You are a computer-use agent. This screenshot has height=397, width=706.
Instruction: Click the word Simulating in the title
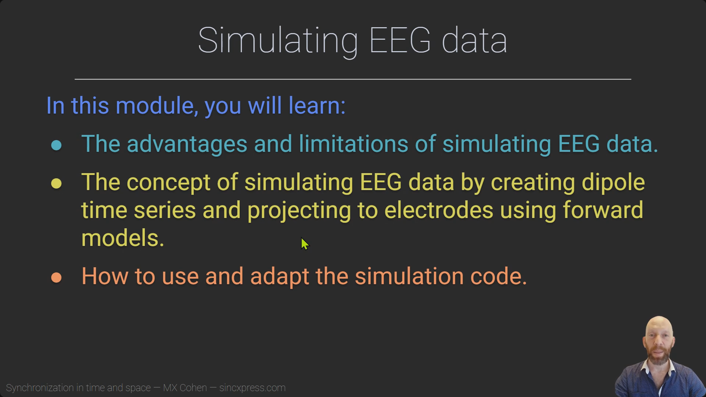coord(278,40)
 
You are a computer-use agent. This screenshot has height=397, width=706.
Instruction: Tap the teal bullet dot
coord(56,145)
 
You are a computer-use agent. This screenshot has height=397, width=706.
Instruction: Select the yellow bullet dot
coord(56,183)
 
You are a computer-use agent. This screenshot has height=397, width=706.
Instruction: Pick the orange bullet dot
coord(56,278)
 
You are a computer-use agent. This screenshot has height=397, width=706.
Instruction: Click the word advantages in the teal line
coord(187,144)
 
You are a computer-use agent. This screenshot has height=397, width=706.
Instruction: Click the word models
coord(123,238)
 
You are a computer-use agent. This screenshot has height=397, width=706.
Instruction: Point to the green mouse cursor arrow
coord(305,244)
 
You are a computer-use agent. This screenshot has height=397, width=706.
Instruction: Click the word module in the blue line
coord(155,106)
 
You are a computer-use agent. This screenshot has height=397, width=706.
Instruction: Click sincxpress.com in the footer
coord(252,388)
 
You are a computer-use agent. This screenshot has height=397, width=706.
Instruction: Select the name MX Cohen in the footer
coord(185,388)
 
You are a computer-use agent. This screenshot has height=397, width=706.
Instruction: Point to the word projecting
coord(299,211)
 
